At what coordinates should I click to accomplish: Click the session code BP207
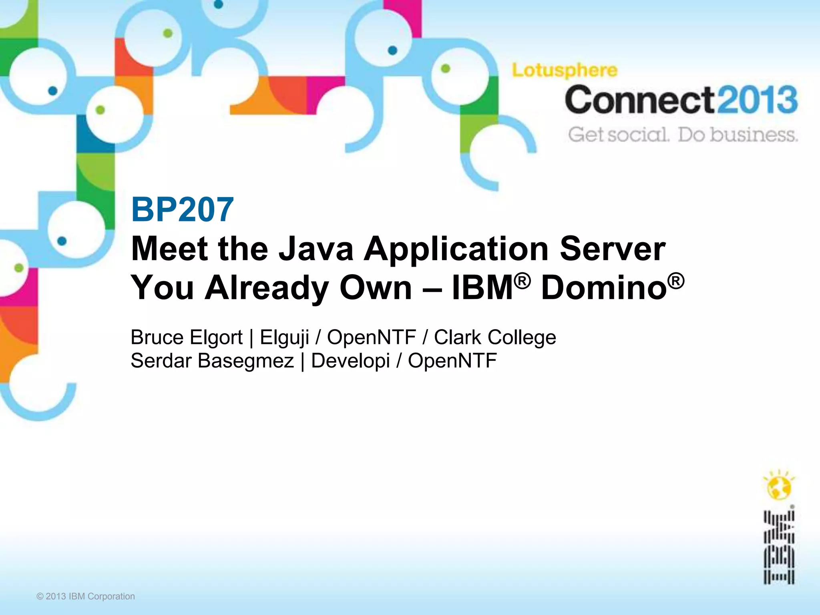(x=182, y=209)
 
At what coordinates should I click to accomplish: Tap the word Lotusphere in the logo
(x=565, y=71)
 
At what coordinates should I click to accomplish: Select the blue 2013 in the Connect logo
(x=756, y=100)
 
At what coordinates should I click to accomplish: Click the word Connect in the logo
(x=639, y=100)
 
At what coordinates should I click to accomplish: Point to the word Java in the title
(x=316, y=249)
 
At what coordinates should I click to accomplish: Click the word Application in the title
(x=456, y=249)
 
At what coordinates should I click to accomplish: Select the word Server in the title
(x=612, y=249)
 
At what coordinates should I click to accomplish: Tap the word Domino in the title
(x=604, y=288)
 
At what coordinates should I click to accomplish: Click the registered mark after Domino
(x=676, y=281)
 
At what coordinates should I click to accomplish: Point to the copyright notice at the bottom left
(x=86, y=596)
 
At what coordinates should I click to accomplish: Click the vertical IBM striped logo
(x=778, y=547)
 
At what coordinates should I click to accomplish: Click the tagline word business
(x=754, y=135)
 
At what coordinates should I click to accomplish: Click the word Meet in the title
(x=169, y=249)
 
